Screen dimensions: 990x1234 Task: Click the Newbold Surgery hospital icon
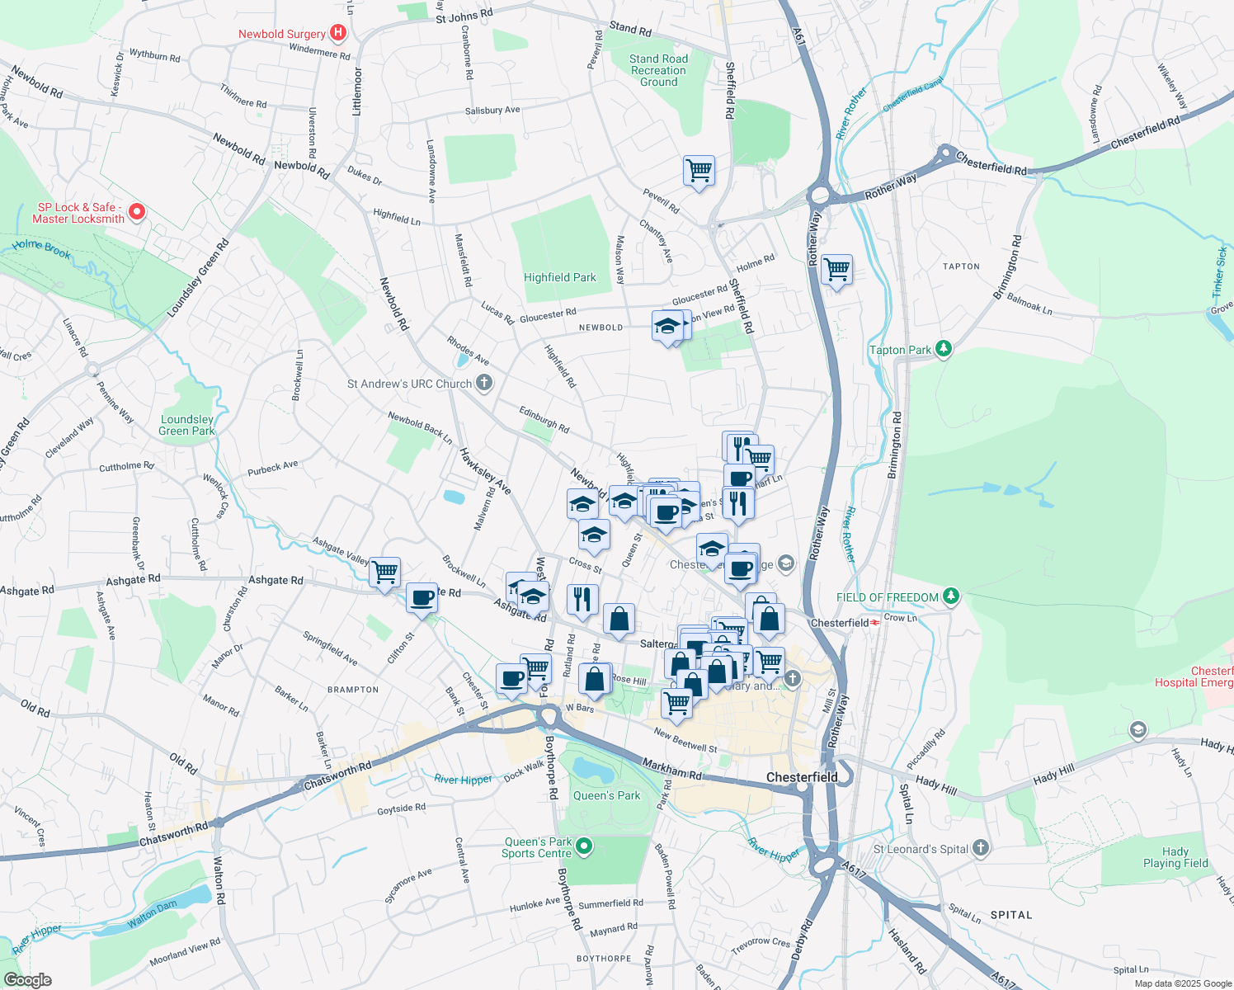337,33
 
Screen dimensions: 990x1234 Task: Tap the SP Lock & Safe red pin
137,213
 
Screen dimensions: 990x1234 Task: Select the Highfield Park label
559,278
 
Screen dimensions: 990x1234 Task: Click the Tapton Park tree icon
944,350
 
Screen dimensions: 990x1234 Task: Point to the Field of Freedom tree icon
951,596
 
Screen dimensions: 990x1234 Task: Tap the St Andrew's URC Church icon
484,383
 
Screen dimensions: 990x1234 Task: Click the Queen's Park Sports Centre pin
584,846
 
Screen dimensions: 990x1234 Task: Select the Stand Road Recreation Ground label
658,71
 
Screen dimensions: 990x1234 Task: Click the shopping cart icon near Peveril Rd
699,171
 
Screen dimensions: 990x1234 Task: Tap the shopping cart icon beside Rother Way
836,269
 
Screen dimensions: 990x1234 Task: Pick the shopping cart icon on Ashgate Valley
384,572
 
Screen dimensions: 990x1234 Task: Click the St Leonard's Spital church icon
980,848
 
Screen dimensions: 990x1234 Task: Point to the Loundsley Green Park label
187,425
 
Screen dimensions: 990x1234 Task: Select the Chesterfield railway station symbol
875,623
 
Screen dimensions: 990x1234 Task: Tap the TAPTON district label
961,266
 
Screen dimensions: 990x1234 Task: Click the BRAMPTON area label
353,690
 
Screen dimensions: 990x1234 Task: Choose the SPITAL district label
1010,915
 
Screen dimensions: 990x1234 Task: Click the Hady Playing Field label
1175,858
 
